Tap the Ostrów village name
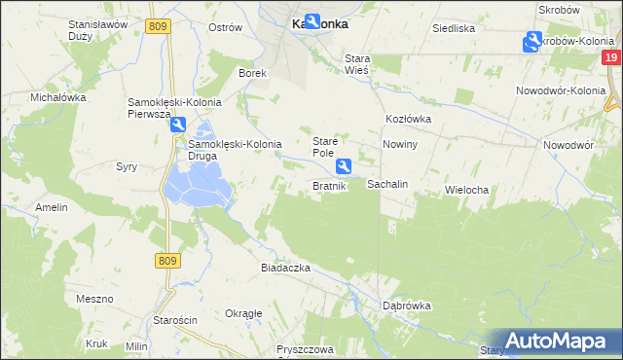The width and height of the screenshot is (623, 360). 225,27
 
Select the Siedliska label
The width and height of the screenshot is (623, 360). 454,28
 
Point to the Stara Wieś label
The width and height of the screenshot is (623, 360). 366,64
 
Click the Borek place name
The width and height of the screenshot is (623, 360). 253,73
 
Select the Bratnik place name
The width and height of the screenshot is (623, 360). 329,186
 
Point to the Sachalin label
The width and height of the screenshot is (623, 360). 386,184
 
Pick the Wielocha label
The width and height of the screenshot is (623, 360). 465,189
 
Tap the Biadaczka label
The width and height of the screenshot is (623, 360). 285,267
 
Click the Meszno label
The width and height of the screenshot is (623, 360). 95,299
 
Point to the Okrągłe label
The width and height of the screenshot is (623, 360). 243,313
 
